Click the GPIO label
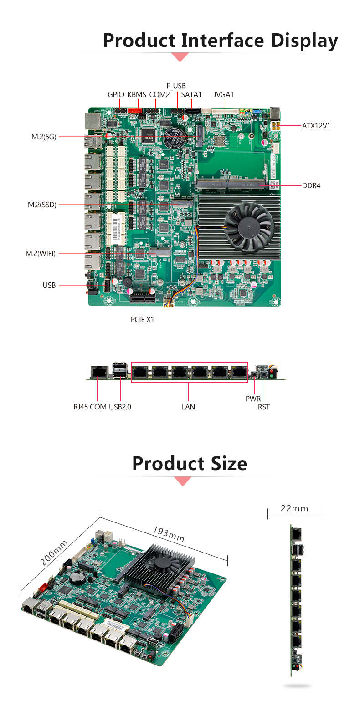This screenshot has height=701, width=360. pyautogui.click(x=116, y=95)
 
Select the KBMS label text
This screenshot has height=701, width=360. pyautogui.click(x=137, y=95)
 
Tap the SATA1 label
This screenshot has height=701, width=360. pyautogui.click(x=191, y=95)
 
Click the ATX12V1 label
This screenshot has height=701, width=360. pyautogui.click(x=316, y=125)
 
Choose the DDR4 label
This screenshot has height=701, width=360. pyautogui.click(x=311, y=185)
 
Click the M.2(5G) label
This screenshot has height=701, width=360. pyautogui.click(x=44, y=137)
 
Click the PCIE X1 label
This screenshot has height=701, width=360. pyautogui.click(x=142, y=320)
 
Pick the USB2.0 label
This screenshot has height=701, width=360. pyautogui.click(x=120, y=407)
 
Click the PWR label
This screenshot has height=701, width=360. pyautogui.click(x=253, y=399)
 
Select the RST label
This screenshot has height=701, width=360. pyautogui.click(x=264, y=407)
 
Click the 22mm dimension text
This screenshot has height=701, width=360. pyautogui.click(x=294, y=508)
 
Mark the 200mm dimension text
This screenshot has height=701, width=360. pyautogui.click(x=54, y=553)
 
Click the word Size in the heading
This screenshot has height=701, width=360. pyautogui.click(x=222, y=463)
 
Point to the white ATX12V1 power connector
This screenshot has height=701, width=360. pyautogui.click(x=276, y=125)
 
